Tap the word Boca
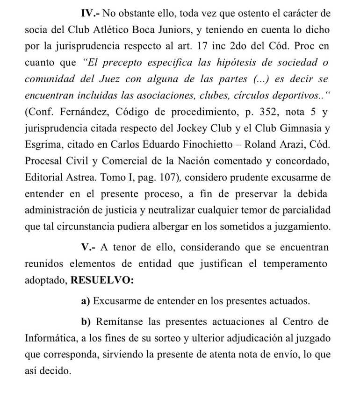click(173, 30)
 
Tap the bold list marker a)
click(86, 301)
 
